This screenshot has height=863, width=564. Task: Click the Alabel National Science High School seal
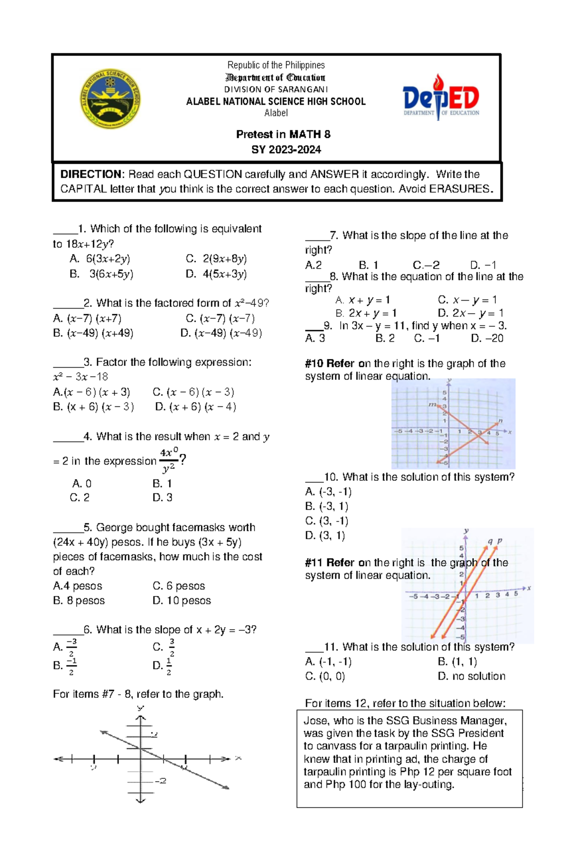coord(110,99)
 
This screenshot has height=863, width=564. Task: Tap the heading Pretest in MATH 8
coord(283,135)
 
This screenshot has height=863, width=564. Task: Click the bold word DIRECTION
coord(91,174)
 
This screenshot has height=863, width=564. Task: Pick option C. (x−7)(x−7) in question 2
coord(220,318)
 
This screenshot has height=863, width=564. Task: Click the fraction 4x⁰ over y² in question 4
coord(168,460)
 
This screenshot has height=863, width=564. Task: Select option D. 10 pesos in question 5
coord(181,601)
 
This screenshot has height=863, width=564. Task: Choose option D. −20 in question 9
coord(487,338)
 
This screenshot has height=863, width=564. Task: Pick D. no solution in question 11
coord(471,676)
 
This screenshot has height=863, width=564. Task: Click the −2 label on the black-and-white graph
coord(161,781)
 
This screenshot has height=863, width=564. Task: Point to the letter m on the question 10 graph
coord(431,404)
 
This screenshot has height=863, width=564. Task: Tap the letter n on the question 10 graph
coord(500,421)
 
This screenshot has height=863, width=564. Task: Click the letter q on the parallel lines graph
coord(490,541)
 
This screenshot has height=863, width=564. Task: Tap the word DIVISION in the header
coord(242,89)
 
